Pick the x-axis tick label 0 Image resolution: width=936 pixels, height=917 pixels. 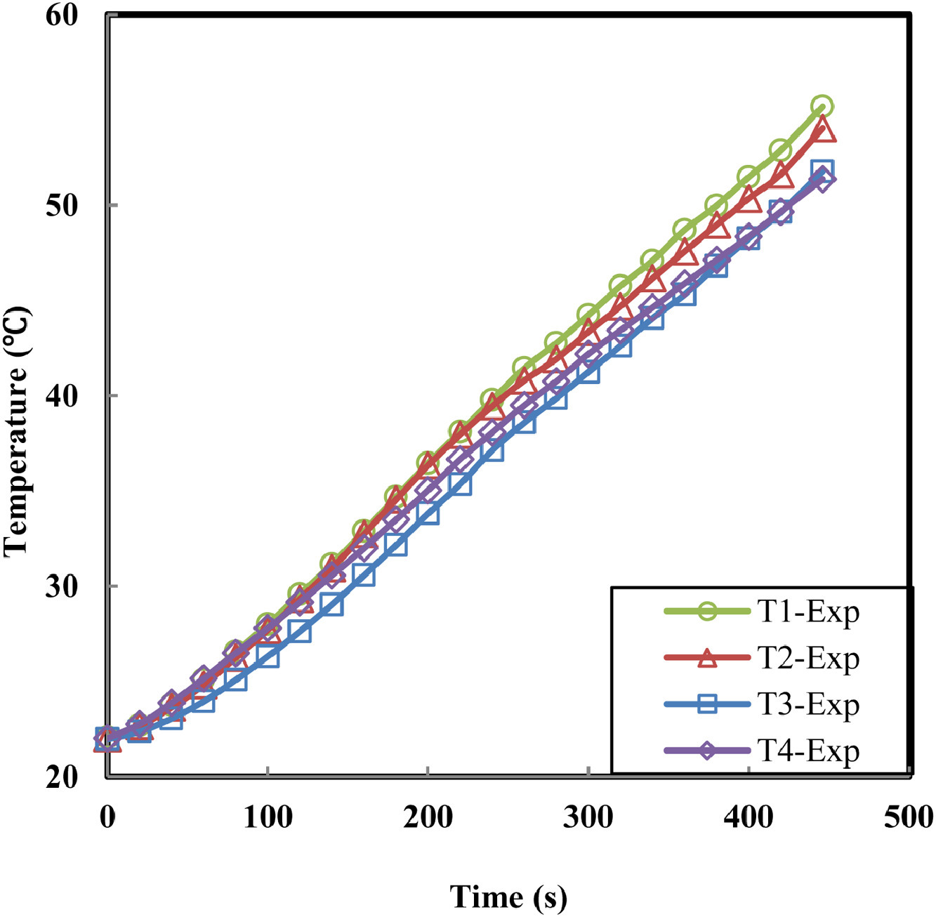click(107, 817)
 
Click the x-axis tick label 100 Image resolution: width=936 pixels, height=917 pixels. click(268, 817)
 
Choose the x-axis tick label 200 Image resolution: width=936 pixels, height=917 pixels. click(428, 817)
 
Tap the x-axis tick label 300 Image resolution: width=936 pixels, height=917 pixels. click(588, 817)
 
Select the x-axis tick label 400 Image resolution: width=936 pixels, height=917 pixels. click(749, 817)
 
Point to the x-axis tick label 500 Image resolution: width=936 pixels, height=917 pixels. click(909, 817)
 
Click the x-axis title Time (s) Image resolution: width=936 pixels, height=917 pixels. click(508, 897)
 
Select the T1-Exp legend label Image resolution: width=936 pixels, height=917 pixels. click(808, 612)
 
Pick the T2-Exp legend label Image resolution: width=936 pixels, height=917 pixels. click(808, 659)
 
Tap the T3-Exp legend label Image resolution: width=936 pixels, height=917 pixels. click(808, 705)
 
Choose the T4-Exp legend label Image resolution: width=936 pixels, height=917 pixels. click(808, 751)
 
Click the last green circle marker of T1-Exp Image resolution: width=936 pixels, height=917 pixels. click(822, 107)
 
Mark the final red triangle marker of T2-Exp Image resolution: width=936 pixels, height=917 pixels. click(822, 131)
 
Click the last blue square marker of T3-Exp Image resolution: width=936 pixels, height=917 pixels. click(822, 170)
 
